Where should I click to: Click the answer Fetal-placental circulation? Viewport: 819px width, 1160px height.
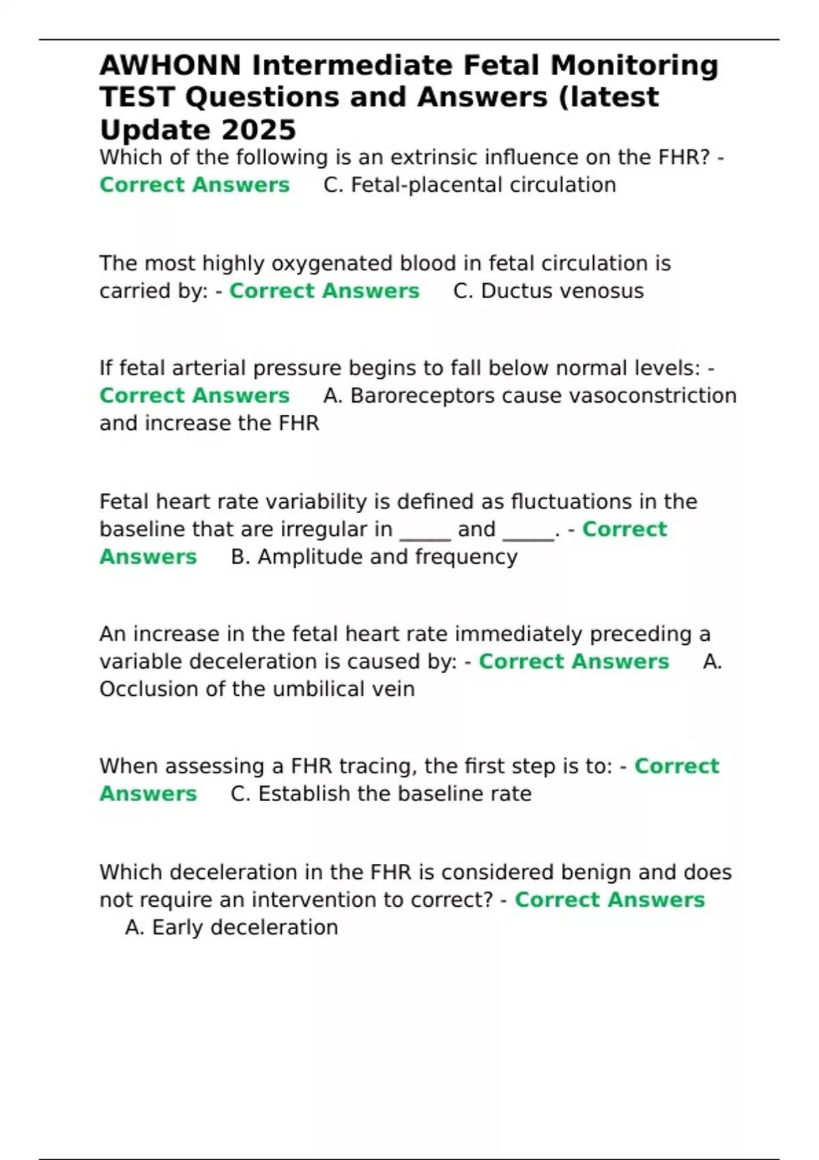pos(483,185)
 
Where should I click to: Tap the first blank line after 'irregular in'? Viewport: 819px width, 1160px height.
pos(425,530)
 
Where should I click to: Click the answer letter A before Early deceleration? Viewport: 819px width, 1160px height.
pos(134,927)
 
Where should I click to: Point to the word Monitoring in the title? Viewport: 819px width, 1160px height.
pos(634,66)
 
